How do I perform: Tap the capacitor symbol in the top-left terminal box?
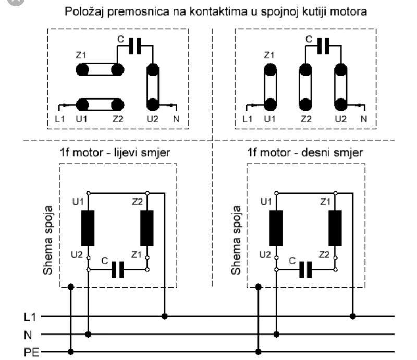tap(134, 46)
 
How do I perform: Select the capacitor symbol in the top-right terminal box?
tap(323, 46)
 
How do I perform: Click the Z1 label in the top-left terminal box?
tap(81, 55)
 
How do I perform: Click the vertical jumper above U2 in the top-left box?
tap(152, 87)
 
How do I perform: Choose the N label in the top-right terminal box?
tap(363, 119)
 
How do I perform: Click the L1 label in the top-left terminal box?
tap(60, 119)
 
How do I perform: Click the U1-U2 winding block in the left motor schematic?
tap(88, 228)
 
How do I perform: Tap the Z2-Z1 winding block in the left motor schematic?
tap(147, 228)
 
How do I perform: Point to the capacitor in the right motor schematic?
tap(306, 269)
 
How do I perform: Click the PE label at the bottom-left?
tap(30, 352)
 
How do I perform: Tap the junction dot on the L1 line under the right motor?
tap(353, 316)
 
